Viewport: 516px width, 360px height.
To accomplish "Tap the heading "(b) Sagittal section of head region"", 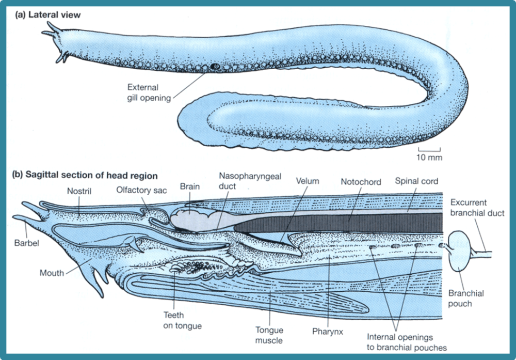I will [x=85, y=176].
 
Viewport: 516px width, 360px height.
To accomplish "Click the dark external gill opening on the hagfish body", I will [x=215, y=67].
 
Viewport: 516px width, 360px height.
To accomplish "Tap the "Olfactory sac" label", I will [x=141, y=191].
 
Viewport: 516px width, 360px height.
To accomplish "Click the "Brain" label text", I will [x=189, y=186].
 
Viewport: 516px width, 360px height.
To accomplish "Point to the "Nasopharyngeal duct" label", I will [x=250, y=181].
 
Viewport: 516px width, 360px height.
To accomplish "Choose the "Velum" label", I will [x=308, y=181].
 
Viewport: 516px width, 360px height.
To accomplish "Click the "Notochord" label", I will [x=361, y=182].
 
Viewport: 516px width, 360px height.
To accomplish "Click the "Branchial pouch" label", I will [x=466, y=299].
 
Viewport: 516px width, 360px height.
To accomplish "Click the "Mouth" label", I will [x=52, y=273].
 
